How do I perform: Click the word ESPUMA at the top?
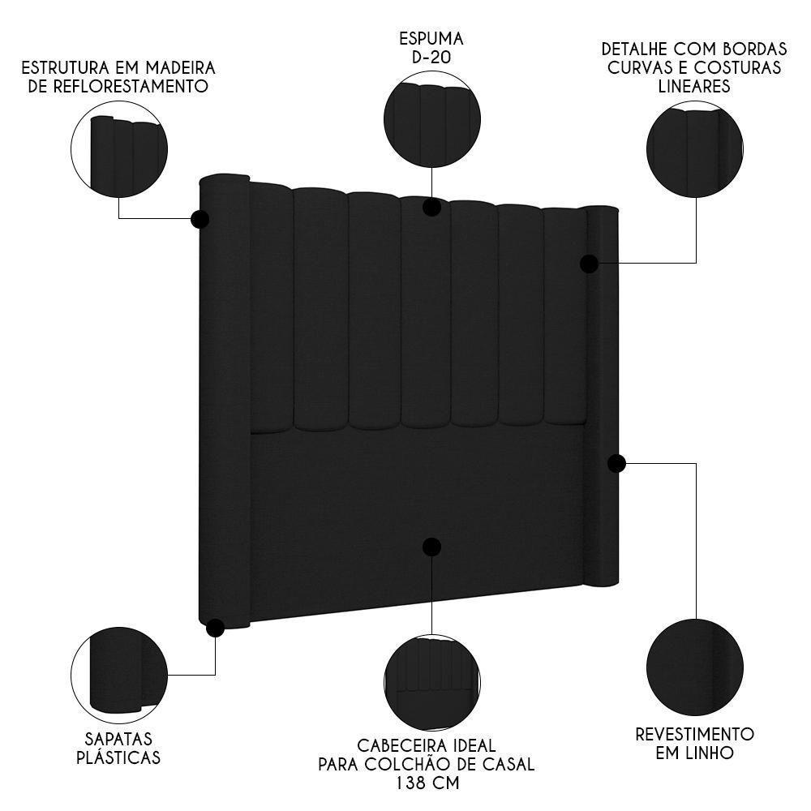coord(431,38)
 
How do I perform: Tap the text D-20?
coord(431,57)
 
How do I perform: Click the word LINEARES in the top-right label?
coord(695,86)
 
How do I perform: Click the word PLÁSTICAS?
coord(118,758)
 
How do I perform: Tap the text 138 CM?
coord(427,783)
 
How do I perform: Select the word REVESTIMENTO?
coord(695,734)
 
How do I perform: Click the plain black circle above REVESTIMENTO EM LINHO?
coord(695,667)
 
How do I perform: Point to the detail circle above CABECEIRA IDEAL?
coord(431,681)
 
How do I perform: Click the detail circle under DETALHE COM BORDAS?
coord(695,148)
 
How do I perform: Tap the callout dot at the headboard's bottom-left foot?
coord(215,628)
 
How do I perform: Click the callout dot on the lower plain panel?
coord(431,547)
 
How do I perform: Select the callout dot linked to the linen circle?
coord(616,463)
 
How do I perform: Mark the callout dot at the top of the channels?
coord(431,207)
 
